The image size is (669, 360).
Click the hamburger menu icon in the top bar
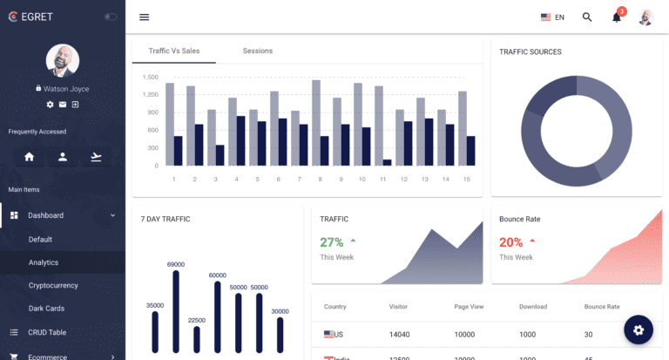point(144,17)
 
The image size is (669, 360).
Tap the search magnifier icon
point(587,17)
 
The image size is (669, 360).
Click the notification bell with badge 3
point(617,17)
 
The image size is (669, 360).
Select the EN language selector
point(552,17)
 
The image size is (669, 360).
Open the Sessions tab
point(257,51)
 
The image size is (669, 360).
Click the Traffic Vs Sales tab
point(174,51)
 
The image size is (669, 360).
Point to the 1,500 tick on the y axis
point(150,77)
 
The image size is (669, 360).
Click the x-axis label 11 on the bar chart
point(382,180)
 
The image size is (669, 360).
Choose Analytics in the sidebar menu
point(44,262)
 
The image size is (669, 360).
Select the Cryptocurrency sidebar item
point(53,285)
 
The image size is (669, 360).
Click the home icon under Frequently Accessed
point(30,157)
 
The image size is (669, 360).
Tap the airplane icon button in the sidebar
point(96,157)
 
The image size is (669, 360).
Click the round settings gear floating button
point(639,330)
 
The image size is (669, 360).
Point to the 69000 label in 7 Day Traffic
point(176,264)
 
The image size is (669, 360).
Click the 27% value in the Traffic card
point(332,242)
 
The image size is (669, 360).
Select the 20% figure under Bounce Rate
point(510,242)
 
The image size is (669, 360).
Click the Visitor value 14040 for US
point(400,335)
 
